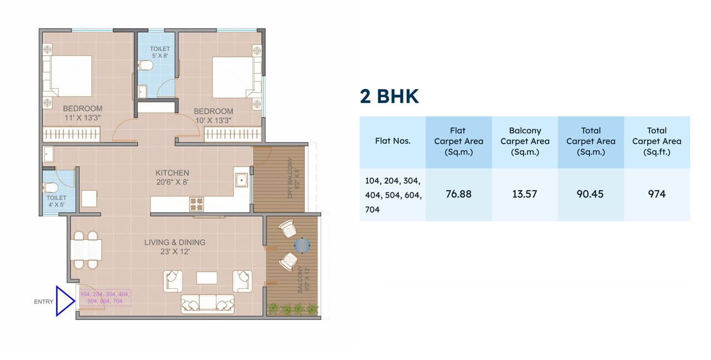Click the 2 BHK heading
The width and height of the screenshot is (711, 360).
click(x=389, y=96)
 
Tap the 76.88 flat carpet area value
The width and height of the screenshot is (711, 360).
click(x=458, y=194)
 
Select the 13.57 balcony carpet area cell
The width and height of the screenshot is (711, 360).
click(x=524, y=194)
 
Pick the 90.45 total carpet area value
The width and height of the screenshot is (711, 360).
click(x=590, y=194)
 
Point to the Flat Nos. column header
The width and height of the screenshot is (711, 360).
click(x=393, y=141)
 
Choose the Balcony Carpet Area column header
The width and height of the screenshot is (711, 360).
click(x=524, y=141)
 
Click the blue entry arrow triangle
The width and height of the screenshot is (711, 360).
click(x=64, y=301)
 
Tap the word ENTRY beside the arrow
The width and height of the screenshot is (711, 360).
click(x=44, y=302)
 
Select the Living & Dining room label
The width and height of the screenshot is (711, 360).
click(x=175, y=247)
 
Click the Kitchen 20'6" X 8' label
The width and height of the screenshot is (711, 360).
click(x=172, y=177)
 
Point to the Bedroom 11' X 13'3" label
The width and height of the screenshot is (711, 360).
click(x=82, y=113)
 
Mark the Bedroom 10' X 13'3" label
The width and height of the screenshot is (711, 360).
click(x=213, y=116)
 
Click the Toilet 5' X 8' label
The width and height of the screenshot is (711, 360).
click(x=160, y=52)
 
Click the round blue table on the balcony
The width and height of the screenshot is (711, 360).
click(x=302, y=244)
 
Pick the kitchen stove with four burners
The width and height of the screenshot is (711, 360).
click(x=197, y=204)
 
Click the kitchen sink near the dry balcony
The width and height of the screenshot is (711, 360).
click(x=242, y=180)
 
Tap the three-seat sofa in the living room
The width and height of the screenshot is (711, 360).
click(x=207, y=303)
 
